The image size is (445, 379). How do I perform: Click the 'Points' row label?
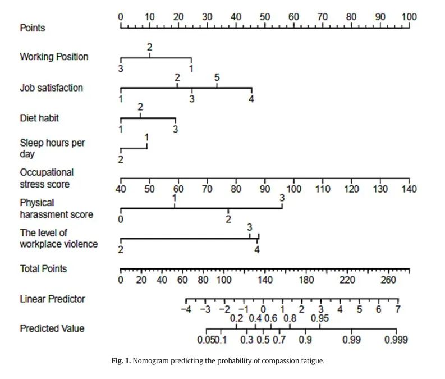(33, 28)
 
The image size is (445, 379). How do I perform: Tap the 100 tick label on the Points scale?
(409, 17)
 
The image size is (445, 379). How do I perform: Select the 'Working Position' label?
(54, 57)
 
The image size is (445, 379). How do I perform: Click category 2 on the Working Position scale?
(150, 47)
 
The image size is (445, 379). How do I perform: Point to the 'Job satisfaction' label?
(51, 88)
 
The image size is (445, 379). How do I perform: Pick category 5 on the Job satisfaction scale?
(217, 77)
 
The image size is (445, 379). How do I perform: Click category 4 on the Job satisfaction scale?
(251, 99)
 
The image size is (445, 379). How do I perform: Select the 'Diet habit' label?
(39, 118)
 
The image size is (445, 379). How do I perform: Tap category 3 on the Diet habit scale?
(176, 129)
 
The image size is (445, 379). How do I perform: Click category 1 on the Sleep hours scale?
(146, 137)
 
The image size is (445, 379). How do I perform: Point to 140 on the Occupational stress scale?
(409, 189)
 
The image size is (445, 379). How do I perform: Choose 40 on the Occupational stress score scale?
(121, 189)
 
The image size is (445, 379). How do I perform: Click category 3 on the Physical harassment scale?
(282, 198)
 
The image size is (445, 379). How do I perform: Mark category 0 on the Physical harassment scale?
(121, 219)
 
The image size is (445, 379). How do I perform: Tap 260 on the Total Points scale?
(388, 280)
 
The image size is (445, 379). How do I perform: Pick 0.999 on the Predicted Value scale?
(396, 340)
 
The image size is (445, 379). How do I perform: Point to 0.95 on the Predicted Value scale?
(320, 318)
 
